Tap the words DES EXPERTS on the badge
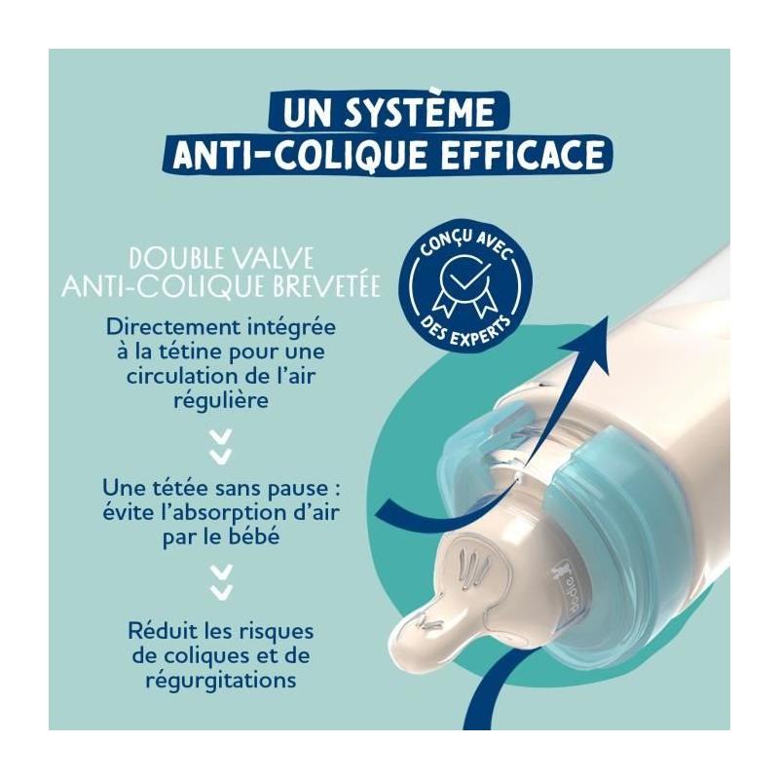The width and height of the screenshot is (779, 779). pos(464,332)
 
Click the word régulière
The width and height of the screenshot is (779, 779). pos(221,400)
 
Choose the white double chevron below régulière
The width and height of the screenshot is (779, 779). pos(221,447)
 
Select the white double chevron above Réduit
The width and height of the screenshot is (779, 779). pos(221,580)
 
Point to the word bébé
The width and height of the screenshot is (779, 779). pos(256,537)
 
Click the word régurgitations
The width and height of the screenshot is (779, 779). pos(221,680)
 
